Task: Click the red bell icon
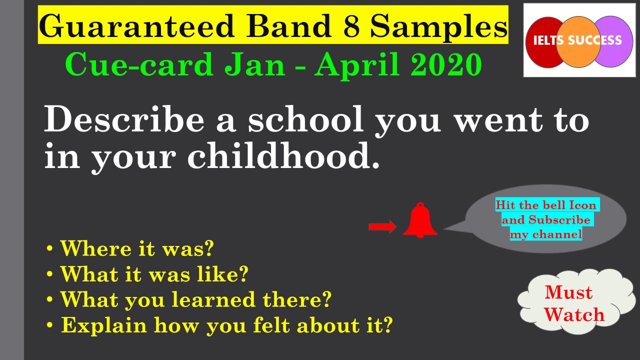[x=420, y=221]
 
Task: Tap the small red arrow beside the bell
[x=382, y=227]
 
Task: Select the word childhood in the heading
[x=283, y=157]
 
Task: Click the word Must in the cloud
[x=568, y=292]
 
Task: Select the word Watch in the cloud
[x=574, y=314]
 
